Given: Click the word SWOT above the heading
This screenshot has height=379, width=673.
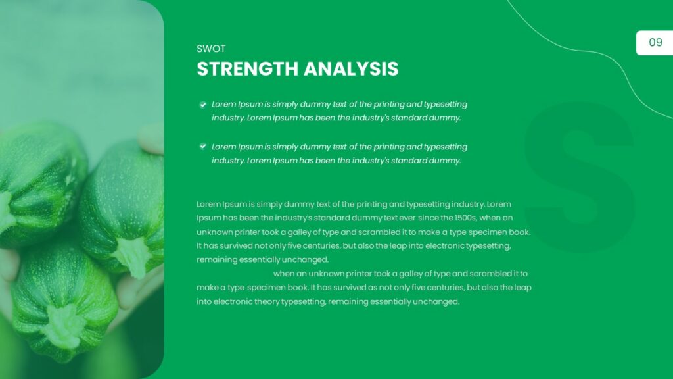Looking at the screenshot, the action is coord(211,49).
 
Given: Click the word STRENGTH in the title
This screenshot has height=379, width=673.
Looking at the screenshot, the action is coord(248,68).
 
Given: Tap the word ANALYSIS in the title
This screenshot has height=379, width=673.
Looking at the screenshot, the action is coord(352,68).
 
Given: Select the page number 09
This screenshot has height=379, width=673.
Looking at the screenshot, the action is coord(655,42).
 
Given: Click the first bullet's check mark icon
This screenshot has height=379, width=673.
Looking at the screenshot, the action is coord(203,105).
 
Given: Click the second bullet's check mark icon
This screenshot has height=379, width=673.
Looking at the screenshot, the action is coord(203,147).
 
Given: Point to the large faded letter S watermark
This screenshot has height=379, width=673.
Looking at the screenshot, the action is coord(580,176).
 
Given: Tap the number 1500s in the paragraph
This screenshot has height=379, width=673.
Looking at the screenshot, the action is coord(465,218).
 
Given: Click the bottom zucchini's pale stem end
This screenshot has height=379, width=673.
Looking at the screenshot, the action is coord(64,326).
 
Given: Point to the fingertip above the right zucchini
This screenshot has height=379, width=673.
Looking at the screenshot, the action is coord(151,138).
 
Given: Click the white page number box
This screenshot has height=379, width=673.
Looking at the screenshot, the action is coord(655,43).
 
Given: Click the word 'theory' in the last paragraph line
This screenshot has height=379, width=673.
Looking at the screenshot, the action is coord(267,301).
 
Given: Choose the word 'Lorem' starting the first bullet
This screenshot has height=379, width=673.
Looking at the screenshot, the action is coord(223,105).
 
